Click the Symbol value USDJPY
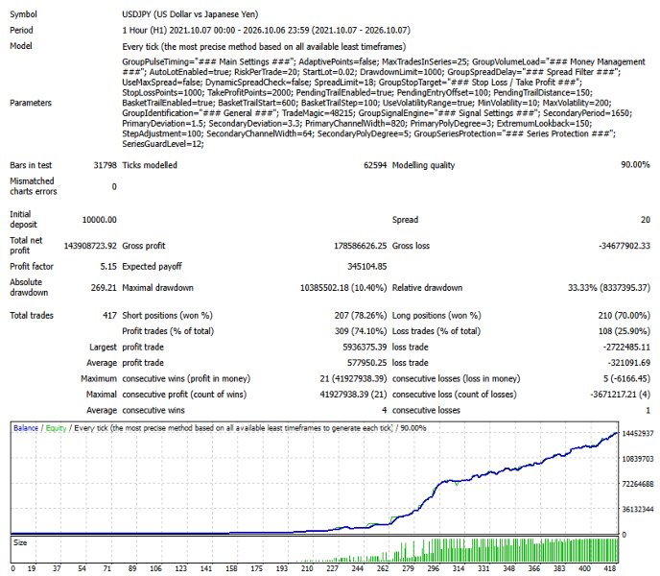point(136,14)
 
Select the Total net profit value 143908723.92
point(90,246)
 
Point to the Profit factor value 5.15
point(108,266)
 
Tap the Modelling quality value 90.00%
point(635,165)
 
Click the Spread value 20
point(646,220)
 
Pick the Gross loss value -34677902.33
point(625,246)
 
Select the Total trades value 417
point(110,315)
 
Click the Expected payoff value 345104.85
point(367,266)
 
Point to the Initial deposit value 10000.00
point(100,220)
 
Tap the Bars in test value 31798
point(105,165)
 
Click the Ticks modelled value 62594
point(375,165)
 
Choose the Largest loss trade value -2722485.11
point(626,348)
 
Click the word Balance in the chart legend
point(26,428)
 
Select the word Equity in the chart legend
point(56,428)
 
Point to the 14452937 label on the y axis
point(638,434)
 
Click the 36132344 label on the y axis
point(638,510)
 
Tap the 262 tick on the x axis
point(383,568)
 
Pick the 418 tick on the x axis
point(610,568)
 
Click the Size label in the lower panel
point(20,542)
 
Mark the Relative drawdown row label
point(427,288)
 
